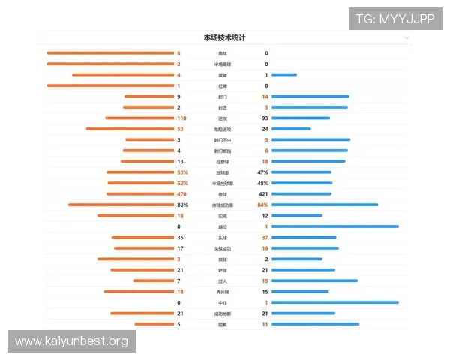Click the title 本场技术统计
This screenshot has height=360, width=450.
pyautogui.click(x=224, y=37)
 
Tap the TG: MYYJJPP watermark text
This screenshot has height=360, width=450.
pyautogui.click(x=395, y=19)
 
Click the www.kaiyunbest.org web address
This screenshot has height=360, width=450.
pyautogui.click(x=71, y=341)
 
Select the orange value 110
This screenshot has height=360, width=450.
pyautogui.click(x=181, y=118)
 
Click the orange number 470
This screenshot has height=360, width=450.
pyautogui.click(x=181, y=193)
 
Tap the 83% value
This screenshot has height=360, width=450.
pyautogui.click(x=182, y=205)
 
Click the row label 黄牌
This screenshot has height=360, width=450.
pyautogui.click(x=223, y=75)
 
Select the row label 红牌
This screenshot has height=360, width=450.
pyautogui.click(x=223, y=85)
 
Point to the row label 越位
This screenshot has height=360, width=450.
pyautogui.click(x=223, y=226)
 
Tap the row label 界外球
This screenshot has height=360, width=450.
pyautogui.click(x=223, y=291)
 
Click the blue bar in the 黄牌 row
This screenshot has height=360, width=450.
pyautogui.click(x=284, y=75)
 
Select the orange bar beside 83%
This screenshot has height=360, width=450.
pyautogui.click(x=120, y=205)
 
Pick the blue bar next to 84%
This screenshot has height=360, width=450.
pyautogui.click(x=325, y=205)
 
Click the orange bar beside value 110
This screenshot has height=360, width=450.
pyautogui.click(x=139, y=118)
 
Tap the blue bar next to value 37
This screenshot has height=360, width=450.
pyautogui.click(x=304, y=237)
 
